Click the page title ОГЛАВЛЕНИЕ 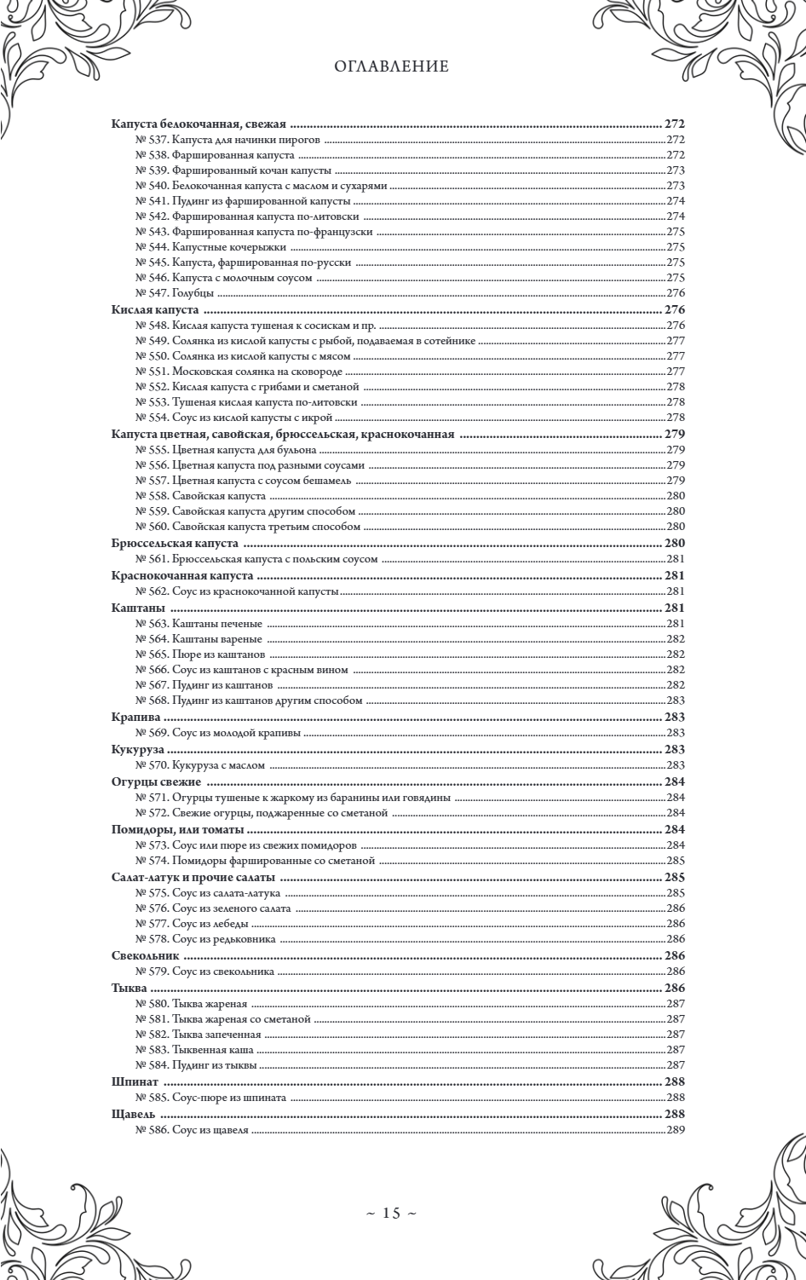[x=392, y=66]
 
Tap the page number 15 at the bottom [x=391, y=1214]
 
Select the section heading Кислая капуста [x=155, y=309]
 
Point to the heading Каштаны [x=138, y=608]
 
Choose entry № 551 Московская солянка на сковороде [x=239, y=372]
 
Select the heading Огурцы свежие [x=156, y=781]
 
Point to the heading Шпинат [x=135, y=1081]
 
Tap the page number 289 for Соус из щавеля [x=676, y=1130]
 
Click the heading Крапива [x=135, y=718]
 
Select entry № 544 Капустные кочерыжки [x=203, y=246]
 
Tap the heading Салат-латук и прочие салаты [x=193, y=877]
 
